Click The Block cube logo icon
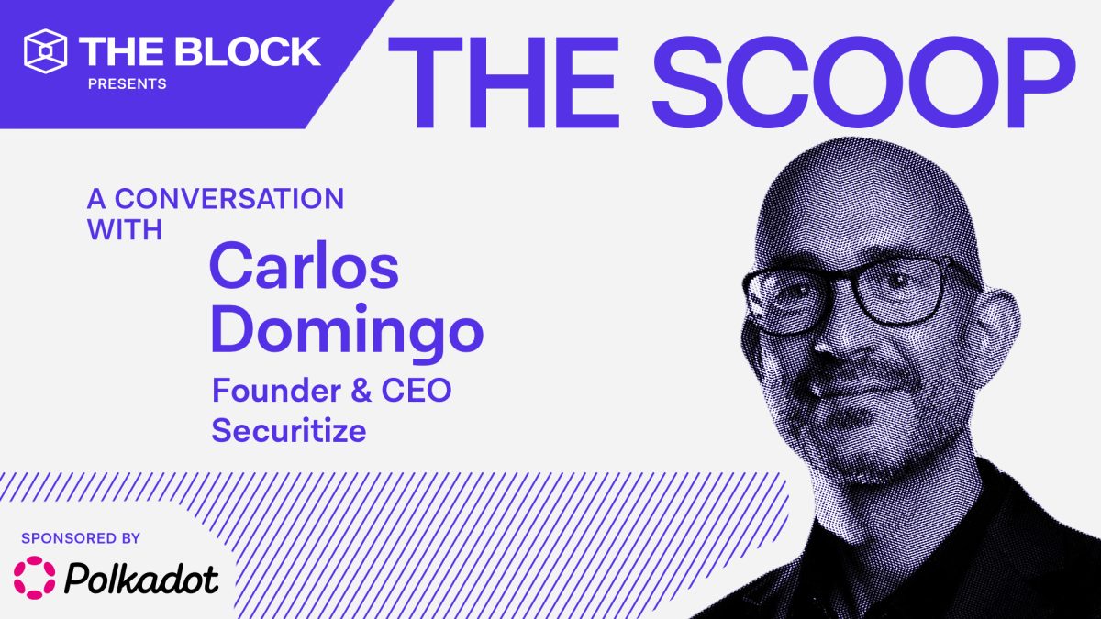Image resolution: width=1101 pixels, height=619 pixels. click(x=45, y=51)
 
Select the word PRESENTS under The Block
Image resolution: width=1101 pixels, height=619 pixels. click(x=128, y=84)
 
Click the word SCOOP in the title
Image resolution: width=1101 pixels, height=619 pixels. click(x=864, y=82)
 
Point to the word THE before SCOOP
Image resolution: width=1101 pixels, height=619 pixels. click(x=504, y=82)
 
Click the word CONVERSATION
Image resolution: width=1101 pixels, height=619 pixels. click(x=229, y=198)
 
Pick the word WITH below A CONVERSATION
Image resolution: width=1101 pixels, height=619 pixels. click(x=125, y=229)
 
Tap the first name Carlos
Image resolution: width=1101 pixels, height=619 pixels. click(x=305, y=265)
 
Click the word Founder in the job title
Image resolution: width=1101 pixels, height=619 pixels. click(x=276, y=391)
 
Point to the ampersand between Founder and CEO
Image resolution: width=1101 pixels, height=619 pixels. click(x=361, y=391)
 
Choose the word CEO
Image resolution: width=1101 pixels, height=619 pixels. click(x=417, y=391)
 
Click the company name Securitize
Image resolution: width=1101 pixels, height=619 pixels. click(x=289, y=430)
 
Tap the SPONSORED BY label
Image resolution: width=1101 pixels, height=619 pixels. click(x=81, y=538)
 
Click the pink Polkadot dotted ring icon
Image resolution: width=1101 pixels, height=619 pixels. click(x=35, y=578)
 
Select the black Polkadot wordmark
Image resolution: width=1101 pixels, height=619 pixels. click(x=141, y=579)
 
